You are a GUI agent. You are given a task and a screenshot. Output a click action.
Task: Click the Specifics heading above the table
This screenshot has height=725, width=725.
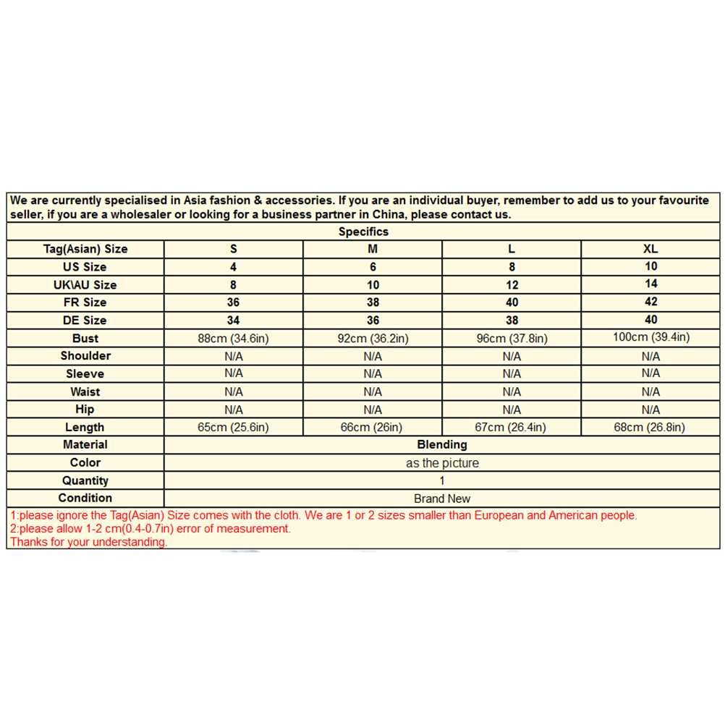pos(363,232)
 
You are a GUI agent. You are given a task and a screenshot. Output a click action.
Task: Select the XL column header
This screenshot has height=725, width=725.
pos(650,249)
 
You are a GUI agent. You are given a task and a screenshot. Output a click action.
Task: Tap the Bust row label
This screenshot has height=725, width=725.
pos(85,338)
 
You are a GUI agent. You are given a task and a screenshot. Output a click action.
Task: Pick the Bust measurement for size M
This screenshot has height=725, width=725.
pos(373,339)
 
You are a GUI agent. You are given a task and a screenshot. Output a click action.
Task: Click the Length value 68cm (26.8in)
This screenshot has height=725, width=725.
pos(649,427)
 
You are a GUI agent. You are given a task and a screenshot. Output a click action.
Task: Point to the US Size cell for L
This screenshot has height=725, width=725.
pos(512,267)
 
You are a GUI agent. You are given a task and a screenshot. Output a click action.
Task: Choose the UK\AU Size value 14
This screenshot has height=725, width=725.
pos(650,284)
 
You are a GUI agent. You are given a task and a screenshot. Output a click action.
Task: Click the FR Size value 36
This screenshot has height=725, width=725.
pos(233,302)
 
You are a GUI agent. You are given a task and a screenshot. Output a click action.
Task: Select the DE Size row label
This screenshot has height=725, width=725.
pos(85,320)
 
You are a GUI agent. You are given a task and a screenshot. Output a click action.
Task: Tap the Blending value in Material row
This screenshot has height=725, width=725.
pos(442,444)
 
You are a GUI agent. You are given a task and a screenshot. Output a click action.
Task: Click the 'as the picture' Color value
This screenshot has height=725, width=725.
pos(442,463)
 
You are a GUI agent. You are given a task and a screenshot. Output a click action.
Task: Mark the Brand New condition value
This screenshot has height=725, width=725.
pos(442,499)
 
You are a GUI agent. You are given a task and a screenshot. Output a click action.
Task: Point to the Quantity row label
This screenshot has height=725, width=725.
pos(85,480)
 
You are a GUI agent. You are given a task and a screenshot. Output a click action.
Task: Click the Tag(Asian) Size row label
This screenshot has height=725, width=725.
pos(85,249)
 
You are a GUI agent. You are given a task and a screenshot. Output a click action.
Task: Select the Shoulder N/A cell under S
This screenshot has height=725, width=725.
pos(233,356)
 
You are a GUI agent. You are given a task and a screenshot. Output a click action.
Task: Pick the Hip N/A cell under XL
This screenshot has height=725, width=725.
pos(650,410)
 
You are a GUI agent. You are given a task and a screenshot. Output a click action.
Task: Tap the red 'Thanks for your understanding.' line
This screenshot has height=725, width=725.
pos(89,542)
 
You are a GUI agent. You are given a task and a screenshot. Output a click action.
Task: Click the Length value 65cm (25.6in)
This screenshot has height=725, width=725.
pos(233,427)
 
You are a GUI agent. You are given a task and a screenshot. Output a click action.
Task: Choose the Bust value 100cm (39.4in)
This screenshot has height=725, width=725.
pos(650,337)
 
